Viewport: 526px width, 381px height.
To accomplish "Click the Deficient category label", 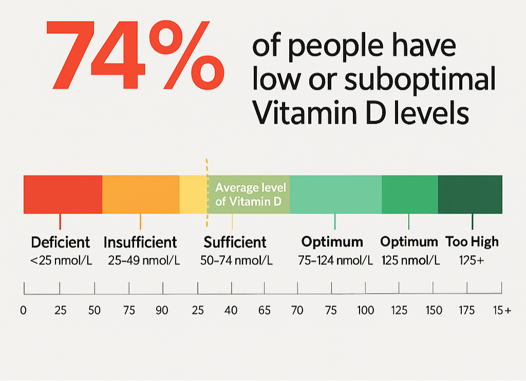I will (61, 242).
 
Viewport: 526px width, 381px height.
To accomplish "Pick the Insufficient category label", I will (140, 242).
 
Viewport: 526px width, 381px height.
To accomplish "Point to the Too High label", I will (472, 241).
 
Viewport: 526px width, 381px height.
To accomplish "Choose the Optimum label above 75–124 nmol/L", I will (332, 241).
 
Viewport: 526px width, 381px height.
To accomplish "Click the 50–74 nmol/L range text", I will (236, 260).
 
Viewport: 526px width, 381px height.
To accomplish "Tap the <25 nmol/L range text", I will (61, 260).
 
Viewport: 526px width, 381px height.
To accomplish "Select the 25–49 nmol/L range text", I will (144, 260).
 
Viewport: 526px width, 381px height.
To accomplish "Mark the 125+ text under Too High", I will (472, 260).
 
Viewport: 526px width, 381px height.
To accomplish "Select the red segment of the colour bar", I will (63, 194).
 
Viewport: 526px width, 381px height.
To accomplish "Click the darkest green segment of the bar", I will (470, 194).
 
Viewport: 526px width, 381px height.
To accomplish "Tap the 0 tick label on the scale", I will (23, 310).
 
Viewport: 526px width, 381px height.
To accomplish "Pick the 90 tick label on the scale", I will (162, 310).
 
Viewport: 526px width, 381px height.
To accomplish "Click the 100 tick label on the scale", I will (366, 310).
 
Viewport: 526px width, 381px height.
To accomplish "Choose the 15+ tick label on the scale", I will (501, 310).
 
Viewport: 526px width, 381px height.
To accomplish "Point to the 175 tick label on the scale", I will (467, 310).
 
